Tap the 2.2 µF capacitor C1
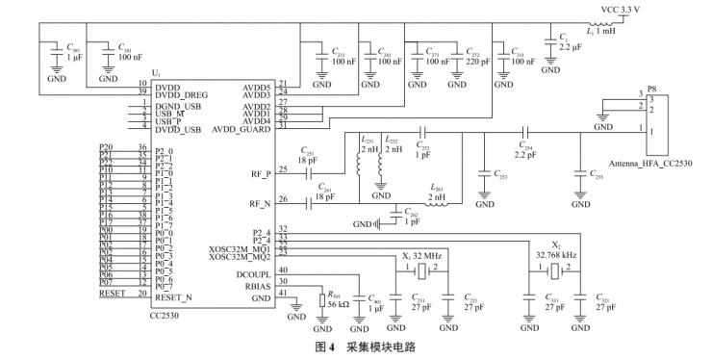pos(569,44)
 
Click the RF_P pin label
pos(262,174)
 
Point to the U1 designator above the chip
pos(156,74)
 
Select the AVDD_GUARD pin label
pos(243,128)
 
